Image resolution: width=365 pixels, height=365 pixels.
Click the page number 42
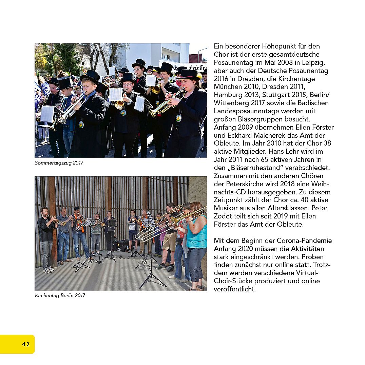[x=26, y=344]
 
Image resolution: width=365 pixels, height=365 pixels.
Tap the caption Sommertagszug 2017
[x=59, y=163]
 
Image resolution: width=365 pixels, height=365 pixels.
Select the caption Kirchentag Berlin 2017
[x=60, y=295]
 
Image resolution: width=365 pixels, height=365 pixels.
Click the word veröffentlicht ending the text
[x=235, y=289]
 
